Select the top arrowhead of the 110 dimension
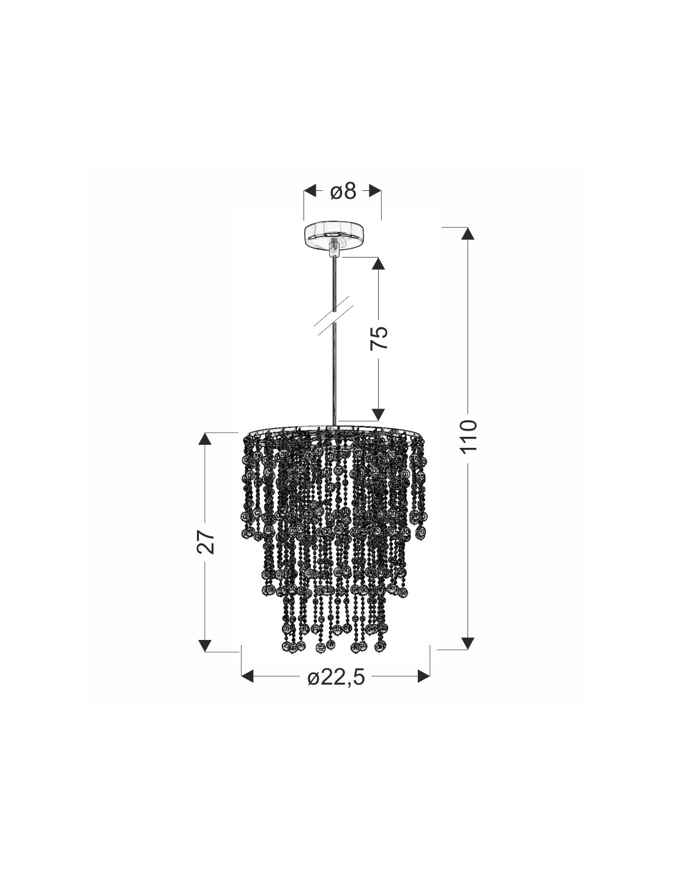point(467,234)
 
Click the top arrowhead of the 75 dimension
point(378,263)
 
